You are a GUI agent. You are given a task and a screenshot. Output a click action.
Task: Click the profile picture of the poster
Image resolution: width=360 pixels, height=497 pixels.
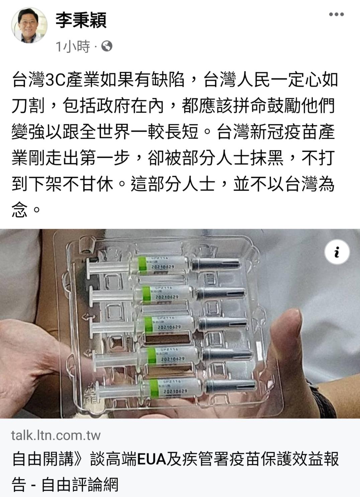(28, 25)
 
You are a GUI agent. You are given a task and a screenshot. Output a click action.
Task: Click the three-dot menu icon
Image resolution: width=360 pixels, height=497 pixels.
(336, 14)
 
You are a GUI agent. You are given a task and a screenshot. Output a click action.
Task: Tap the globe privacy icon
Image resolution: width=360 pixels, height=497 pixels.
(107, 46)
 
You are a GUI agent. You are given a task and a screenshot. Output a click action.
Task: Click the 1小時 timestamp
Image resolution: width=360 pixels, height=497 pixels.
(73, 46)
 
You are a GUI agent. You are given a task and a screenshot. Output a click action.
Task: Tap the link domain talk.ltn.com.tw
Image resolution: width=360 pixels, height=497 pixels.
(56, 435)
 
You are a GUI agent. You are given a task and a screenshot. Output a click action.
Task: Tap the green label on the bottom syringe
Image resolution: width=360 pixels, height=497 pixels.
(155, 388)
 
